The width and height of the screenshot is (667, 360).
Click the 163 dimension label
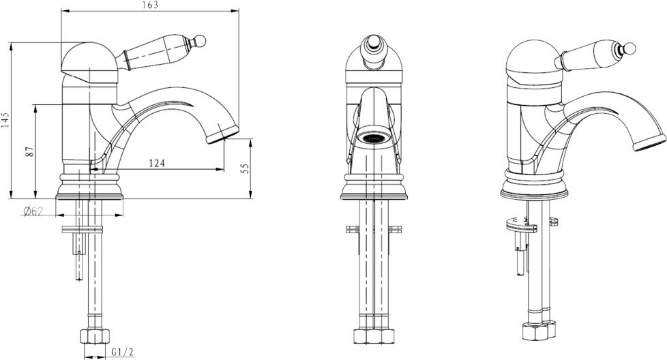pyautogui.click(x=149, y=5)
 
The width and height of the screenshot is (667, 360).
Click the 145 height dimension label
pyautogui.click(x=5, y=120)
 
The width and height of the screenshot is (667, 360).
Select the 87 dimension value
pyautogui.click(x=29, y=151)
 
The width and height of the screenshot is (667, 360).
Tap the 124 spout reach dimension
pyautogui.click(x=157, y=163)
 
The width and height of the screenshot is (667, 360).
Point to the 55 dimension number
pyautogui.click(x=245, y=168)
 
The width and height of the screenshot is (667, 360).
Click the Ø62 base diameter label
pyautogui.click(x=33, y=211)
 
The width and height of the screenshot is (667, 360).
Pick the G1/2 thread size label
pyautogui.click(x=123, y=352)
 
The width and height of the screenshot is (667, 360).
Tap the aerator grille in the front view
pyautogui.click(x=374, y=138)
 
